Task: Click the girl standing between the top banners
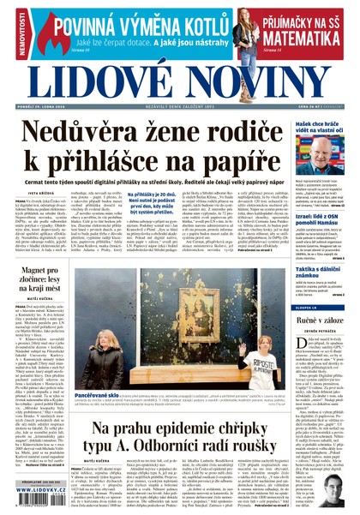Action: point(246,32)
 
